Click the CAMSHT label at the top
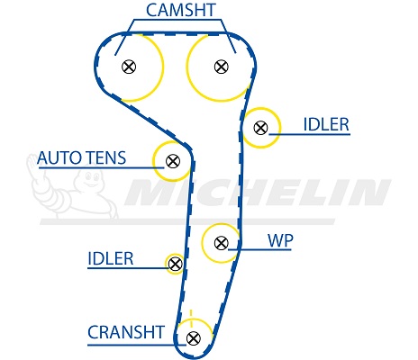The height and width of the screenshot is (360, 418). [181, 10]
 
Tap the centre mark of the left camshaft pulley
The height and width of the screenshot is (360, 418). [129, 67]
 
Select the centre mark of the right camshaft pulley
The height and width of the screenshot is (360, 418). [222, 67]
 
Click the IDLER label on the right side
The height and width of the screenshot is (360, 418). [326, 124]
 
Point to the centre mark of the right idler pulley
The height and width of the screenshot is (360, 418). [260, 128]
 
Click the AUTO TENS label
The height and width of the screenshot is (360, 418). [81, 157]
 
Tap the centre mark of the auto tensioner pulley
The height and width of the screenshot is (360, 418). [173, 161]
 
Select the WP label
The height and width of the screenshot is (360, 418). [280, 240]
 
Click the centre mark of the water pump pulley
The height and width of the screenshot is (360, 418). [222, 243]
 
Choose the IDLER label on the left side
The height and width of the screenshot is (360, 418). [111, 258]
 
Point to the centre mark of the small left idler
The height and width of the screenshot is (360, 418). [175, 264]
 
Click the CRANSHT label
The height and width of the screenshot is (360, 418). [126, 332]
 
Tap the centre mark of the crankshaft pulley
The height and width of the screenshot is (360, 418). [194, 338]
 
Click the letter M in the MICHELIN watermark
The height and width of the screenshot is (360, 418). [150, 193]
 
